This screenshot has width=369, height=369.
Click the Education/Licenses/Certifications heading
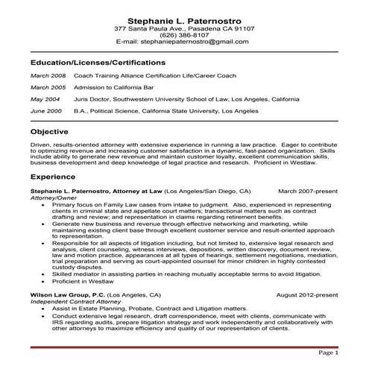108,63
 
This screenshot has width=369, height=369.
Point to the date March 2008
48,76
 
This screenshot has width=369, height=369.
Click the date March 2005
48,87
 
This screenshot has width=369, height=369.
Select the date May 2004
45,98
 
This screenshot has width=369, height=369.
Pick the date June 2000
46,110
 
